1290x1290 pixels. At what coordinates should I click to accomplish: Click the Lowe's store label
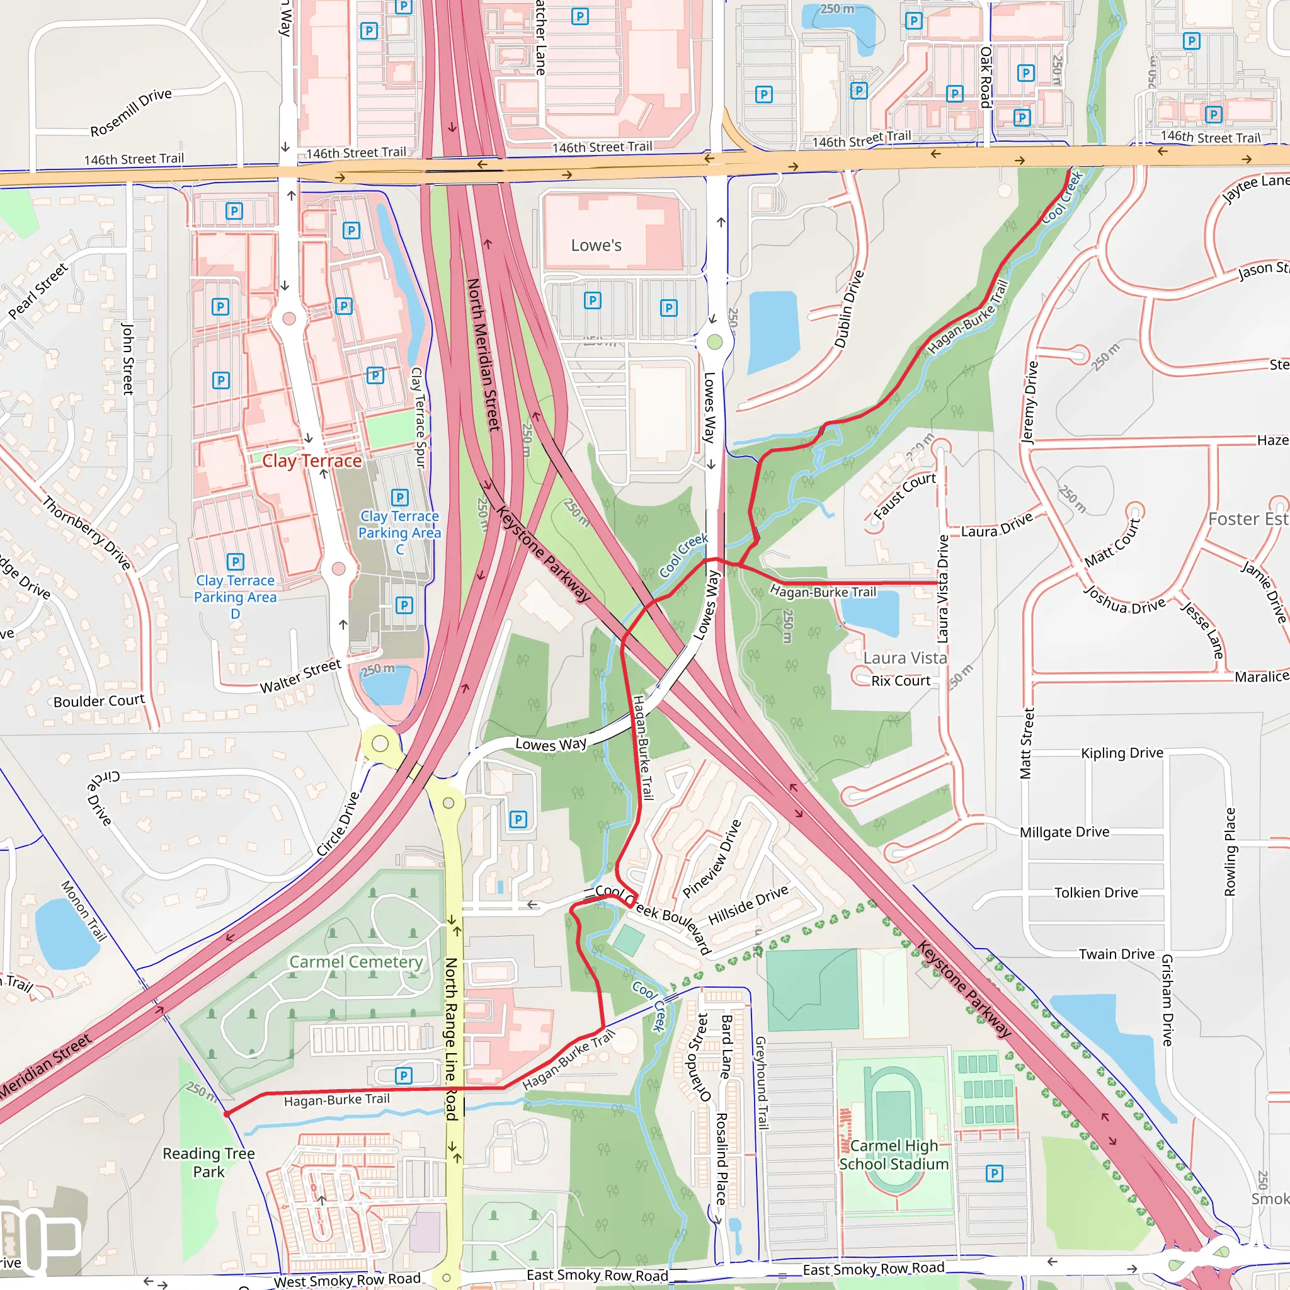(x=596, y=245)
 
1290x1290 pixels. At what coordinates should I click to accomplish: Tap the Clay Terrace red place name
(x=311, y=460)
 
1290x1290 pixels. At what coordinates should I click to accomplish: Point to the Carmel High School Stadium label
(x=893, y=1155)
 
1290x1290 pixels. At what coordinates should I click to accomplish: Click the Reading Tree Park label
(x=208, y=1163)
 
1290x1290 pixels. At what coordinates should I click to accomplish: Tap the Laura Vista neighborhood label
(x=905, y=658)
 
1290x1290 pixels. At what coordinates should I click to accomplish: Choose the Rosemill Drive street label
(x=131, y=111)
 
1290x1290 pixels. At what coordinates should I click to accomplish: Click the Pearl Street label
(x=38, y=290)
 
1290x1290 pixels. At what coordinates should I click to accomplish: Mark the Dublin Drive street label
(x=848, y=309)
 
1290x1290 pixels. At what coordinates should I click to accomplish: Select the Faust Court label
(x=904, y=496)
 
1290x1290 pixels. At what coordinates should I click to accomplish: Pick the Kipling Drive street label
(x=1122, y=753)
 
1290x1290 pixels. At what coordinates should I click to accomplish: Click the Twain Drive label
(x=1116, y=954)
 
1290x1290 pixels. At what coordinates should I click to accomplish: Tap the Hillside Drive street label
(x=748, y=905)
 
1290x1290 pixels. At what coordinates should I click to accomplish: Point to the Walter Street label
(x=300, y=676)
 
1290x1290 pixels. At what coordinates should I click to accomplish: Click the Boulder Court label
(x=99, y=700)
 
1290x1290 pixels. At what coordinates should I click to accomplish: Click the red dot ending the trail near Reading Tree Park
(x=227, y=1114)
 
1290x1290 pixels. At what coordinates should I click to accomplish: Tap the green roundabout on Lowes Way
(x=714, y=342)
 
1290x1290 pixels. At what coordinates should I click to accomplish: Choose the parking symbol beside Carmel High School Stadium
(x=993, y=1173)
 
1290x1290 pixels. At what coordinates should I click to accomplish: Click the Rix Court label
(x=900, y=680)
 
